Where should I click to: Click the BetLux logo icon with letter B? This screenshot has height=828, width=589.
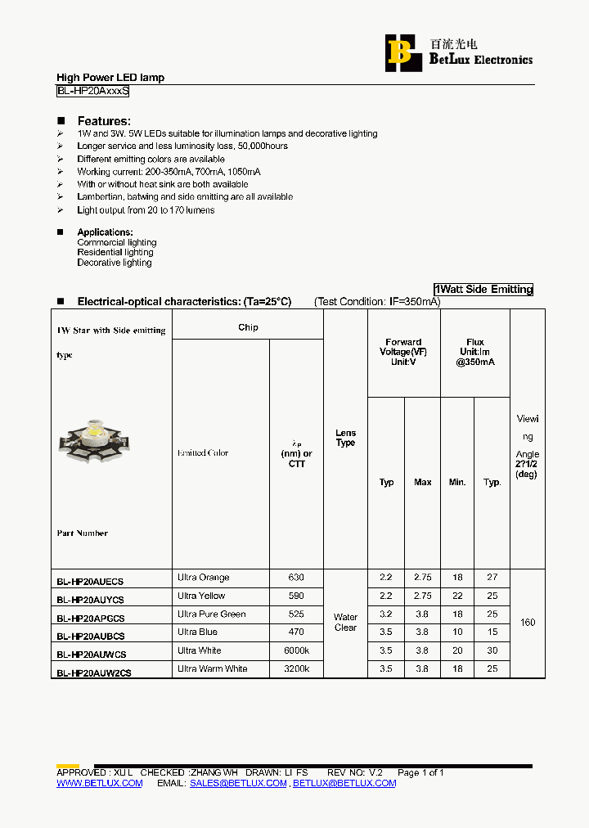point(399,52)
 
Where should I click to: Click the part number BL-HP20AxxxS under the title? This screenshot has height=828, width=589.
point(92,92)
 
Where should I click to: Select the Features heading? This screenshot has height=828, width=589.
point(104,121)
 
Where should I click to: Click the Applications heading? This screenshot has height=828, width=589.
point(105,232)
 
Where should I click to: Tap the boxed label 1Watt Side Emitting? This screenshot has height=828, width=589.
point(483,289)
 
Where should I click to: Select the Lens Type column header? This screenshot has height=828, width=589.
point(345,438)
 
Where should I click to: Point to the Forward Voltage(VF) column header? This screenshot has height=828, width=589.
point(403,353)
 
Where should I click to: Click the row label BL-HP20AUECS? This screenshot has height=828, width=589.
point(90,582)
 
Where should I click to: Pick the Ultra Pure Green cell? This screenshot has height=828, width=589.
point(211,614)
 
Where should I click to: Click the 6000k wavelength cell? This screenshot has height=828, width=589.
point(296,650)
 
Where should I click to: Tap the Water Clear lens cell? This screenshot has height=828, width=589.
point(345,623)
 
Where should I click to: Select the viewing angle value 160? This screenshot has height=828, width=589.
point(528,623)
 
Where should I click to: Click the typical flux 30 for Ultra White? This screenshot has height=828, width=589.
point(492,650)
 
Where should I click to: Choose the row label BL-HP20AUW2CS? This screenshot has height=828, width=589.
point(93,673)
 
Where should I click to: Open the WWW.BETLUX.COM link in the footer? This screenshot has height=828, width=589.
point(99,783)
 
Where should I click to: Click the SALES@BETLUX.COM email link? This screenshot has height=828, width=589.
point(238,783)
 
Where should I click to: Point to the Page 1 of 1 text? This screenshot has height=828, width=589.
point(420,772)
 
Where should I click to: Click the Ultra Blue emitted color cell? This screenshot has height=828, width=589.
point(198,632)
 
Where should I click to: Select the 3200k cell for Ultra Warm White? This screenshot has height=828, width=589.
point(296,668)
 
